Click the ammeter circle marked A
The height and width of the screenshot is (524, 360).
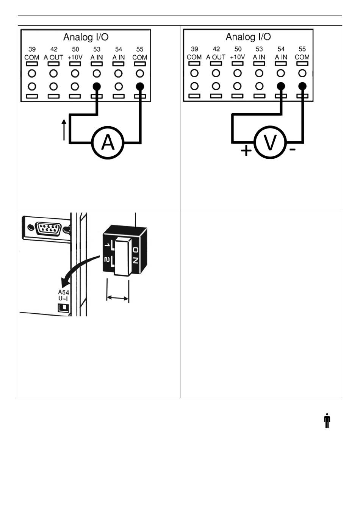click(108, 143)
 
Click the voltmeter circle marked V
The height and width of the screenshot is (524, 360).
click(270, 143)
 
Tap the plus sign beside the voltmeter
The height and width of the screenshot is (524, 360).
click(246, 151)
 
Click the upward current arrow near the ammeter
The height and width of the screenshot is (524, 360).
click(64, 130)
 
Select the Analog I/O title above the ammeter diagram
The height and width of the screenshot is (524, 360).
click(86, 37)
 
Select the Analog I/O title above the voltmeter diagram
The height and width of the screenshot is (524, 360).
click(248, 37)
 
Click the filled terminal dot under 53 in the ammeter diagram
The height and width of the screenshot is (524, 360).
click(97, 86)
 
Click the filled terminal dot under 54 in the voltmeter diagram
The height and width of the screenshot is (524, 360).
click(281, 86)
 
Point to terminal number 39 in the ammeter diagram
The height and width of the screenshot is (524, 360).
click(32, 49)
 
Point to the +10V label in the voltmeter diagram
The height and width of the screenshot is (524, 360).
click(238, 57)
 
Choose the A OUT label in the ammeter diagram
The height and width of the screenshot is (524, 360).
click(53, 57)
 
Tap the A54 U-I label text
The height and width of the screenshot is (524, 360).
click(63, 295)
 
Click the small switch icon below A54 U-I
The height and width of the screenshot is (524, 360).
click(63, 308)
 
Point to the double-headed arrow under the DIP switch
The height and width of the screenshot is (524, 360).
click(118, 298)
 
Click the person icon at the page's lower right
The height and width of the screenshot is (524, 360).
click(327, 421)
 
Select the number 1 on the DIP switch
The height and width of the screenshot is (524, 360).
click(108, 246)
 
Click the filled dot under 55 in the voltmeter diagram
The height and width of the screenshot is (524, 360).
click(302, 86)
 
